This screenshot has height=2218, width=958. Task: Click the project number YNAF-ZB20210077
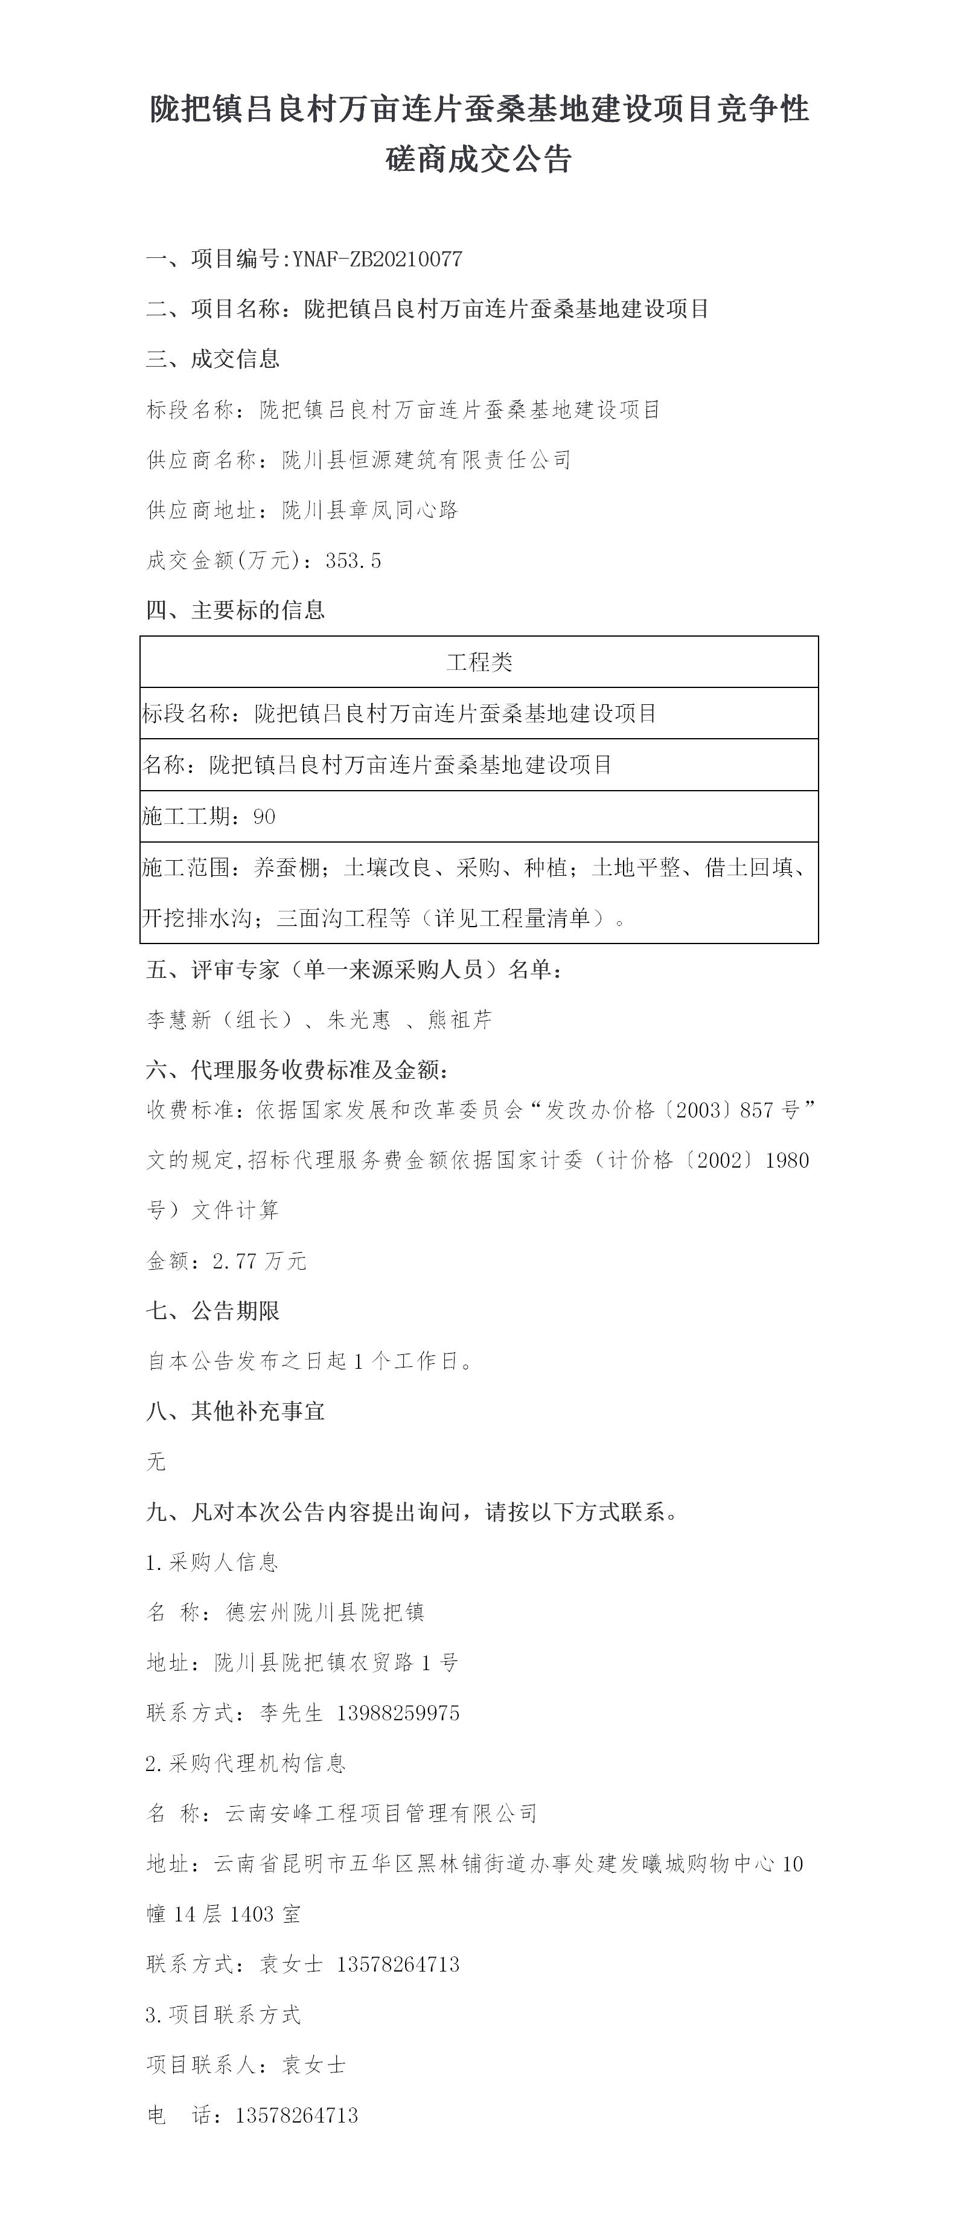377,259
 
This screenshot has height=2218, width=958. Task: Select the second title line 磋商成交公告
479,159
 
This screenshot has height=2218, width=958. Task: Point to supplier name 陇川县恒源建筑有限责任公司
427,460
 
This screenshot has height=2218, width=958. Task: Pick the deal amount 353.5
353,561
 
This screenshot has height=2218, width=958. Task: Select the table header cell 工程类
479,661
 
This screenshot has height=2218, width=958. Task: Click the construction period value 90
264,816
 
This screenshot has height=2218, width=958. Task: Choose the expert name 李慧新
179,1020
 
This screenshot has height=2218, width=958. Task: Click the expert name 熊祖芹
459,1020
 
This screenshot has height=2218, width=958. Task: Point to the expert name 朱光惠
359,1020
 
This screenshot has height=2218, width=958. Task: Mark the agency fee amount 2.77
234,1261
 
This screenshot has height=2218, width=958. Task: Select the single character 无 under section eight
156,1461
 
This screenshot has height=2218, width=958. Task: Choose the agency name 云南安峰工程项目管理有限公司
382,1813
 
